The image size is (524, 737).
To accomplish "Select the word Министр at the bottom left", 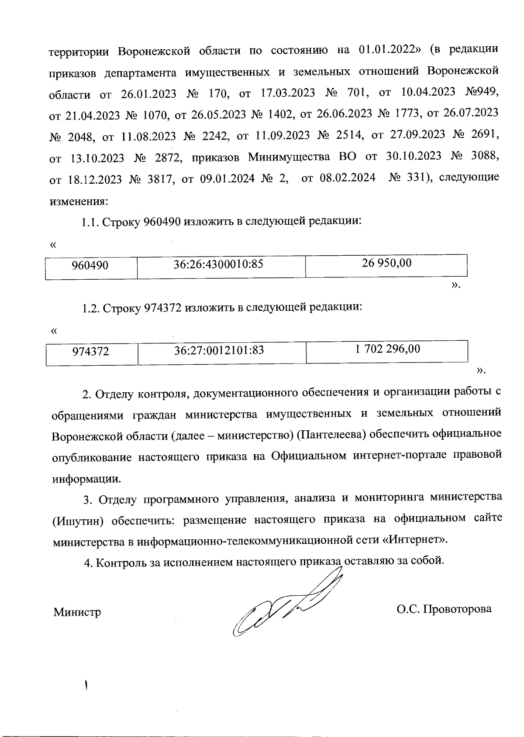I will click(x=77, y=612).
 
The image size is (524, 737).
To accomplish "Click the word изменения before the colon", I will click(x=79, y=202).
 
